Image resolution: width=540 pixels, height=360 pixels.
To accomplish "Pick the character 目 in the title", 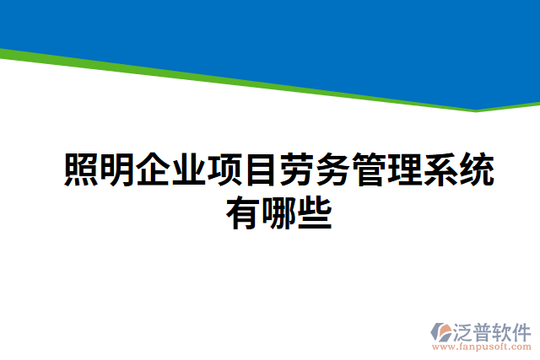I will point(261,170).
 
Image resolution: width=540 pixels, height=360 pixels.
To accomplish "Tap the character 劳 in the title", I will point(297,170).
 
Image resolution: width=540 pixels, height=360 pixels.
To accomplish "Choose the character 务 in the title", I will point(333,170).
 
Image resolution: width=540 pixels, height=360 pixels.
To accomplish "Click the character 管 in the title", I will point(369,170).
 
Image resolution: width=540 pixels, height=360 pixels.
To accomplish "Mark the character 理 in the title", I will point(405,170).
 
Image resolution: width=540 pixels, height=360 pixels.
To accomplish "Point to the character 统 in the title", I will point(477,170).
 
